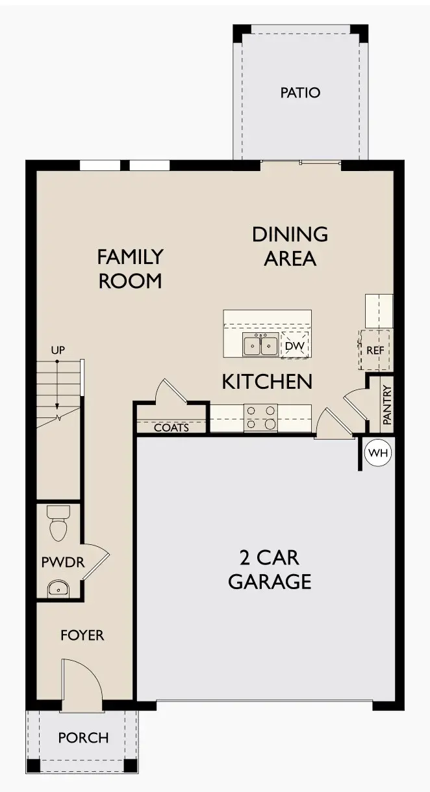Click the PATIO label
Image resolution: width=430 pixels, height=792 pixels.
click(300, 93)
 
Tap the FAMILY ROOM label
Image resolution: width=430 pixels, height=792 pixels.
click(129, 269)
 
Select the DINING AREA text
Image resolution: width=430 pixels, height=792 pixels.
click(290, 246)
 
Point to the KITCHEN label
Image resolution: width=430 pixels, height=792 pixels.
click(267, 382)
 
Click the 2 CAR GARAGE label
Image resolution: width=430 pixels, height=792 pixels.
click(270, 569)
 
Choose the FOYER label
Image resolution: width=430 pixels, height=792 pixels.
click(82, 635)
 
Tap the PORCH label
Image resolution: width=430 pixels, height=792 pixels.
click(83, 738)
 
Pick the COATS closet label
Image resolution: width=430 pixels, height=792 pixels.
click(171, 428)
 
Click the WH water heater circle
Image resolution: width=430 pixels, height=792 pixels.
click(378, 453)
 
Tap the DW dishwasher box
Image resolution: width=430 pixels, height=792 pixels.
click(294, 346)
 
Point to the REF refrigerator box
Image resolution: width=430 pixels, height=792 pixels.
click(375, 350)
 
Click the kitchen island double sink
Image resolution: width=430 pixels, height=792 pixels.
click(261, 345)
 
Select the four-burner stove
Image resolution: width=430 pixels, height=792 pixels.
click(260, 417)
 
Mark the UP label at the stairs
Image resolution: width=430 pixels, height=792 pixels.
click(58, 350)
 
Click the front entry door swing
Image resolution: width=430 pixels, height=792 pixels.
click(82, 683)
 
